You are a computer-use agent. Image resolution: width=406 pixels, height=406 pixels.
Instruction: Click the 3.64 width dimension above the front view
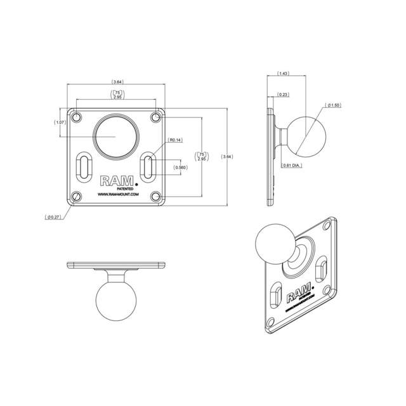(117, 82)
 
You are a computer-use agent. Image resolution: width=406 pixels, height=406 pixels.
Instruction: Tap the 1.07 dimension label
(61, 122)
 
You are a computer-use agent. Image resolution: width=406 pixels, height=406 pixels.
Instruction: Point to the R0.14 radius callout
(174, 140)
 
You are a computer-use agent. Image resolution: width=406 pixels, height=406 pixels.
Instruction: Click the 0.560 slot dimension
(181, 167)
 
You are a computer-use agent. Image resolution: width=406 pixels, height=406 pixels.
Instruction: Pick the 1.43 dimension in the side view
(284, 74)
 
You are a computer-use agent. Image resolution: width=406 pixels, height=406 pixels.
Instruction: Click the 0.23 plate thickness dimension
(283, 95)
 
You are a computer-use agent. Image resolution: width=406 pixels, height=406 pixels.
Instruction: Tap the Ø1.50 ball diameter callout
(334, 105)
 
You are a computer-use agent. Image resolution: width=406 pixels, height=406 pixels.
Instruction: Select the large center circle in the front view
(115, 135)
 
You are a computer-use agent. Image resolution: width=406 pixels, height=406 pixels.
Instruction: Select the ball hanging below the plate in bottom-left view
(116, 301)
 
